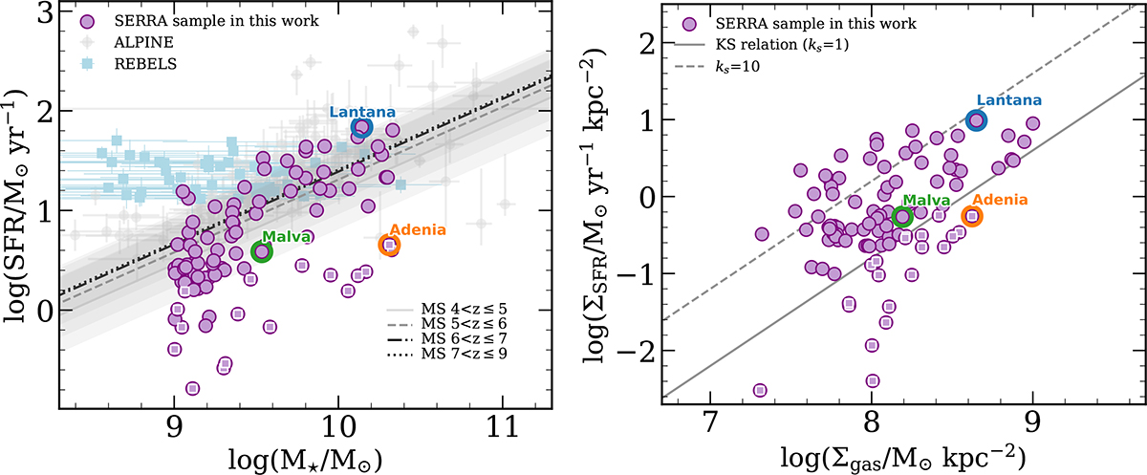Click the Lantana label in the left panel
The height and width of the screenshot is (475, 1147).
[357, 112]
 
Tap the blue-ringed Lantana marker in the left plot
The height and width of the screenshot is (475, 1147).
[361, 128]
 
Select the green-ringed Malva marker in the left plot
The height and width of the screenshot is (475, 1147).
[262, 251]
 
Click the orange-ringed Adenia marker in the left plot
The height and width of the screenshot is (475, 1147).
[389, 245]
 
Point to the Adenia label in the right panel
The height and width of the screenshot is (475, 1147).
[995, 200]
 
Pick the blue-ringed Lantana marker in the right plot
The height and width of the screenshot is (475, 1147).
[976, 119]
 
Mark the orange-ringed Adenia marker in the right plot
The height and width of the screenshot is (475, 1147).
[972, 216]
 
